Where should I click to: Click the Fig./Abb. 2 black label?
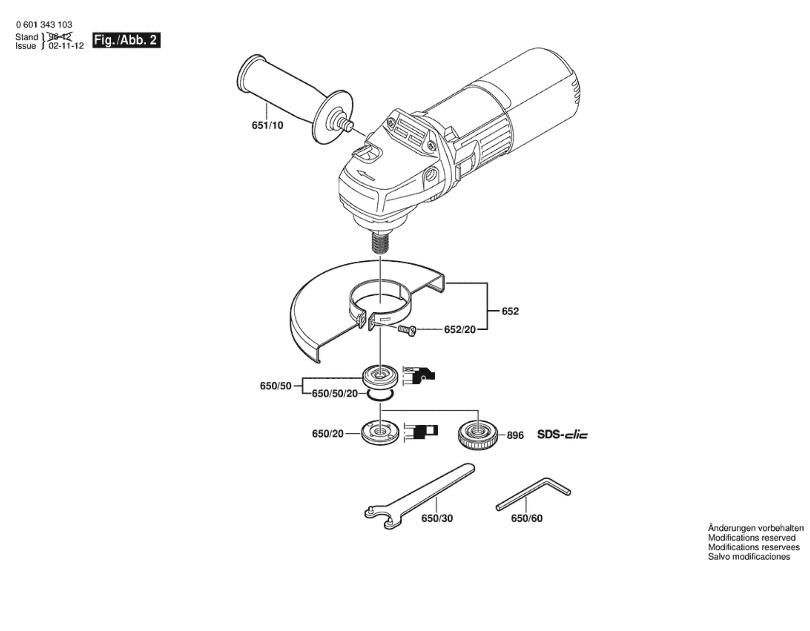click(126, 40)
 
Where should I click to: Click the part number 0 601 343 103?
click(44, 25)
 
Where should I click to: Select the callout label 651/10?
click(267, 125)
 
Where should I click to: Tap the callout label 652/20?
click(460, 329)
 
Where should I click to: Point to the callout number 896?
click(515, 436)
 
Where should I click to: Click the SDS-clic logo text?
click(562, 435)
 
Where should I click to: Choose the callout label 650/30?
click(437, 518)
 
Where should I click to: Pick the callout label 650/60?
click(527, 518)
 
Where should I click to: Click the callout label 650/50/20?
click(334, 393)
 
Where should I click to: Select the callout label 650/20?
click(327, 434)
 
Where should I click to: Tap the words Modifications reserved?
click(751, 538)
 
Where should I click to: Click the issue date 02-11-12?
click(66, 46)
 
